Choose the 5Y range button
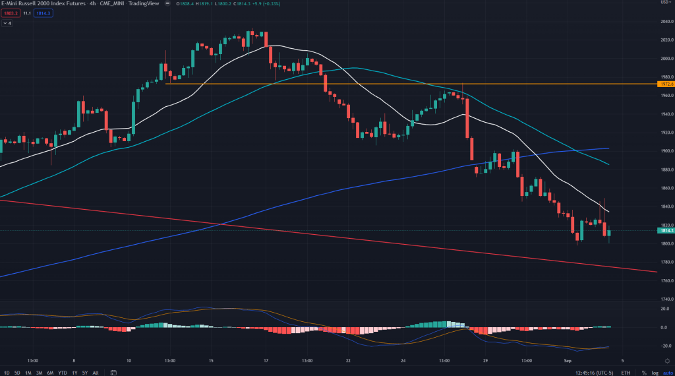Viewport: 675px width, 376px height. [85, 372]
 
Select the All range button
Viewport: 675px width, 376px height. [96, 372]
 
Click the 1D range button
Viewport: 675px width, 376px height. [6, 372]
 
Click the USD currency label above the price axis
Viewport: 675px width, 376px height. [664, 3]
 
